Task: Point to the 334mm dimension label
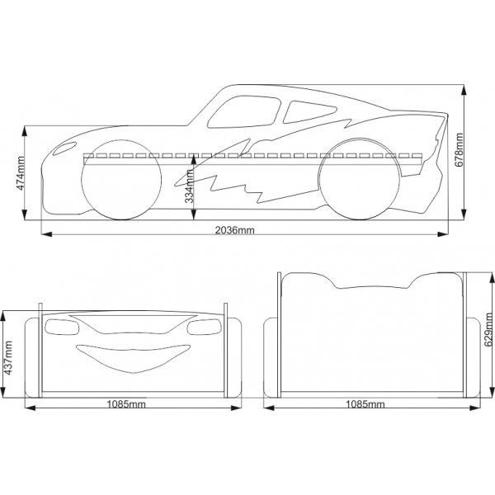click(190, 185)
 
